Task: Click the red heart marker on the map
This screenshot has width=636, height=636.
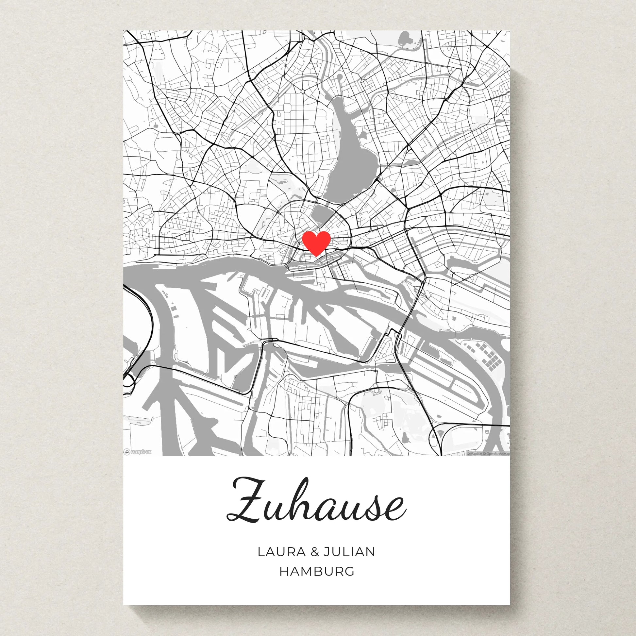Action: pos(316,243)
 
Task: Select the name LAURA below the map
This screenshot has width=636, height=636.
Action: pos(281,552)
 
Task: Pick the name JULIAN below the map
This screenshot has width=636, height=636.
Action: pos(349,552)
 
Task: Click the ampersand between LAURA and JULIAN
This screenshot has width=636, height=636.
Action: pos(315,552)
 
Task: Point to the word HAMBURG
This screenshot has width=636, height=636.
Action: pos(317,572)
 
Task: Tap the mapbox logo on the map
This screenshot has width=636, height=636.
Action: pos(138,452)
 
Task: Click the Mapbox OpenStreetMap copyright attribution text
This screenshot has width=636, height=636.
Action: pos(488,454)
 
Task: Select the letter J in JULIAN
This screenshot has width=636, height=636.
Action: pos(326,552)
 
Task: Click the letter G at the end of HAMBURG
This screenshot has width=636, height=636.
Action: pos(350,572)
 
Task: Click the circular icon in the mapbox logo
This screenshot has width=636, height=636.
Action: pos(127,452)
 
